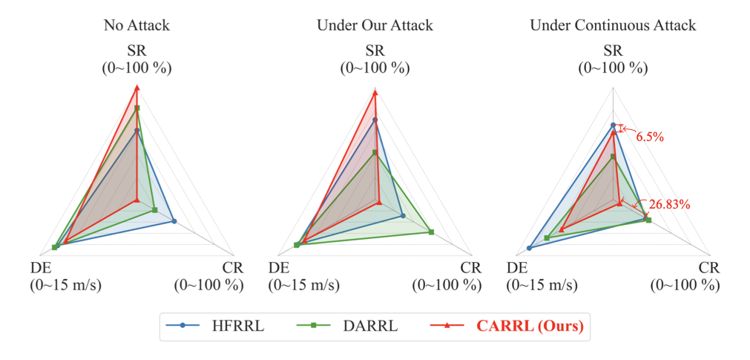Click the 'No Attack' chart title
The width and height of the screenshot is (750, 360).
136,25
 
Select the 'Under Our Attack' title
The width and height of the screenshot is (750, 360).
375,25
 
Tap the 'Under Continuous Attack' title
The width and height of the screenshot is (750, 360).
613,25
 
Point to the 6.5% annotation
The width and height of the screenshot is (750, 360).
650,137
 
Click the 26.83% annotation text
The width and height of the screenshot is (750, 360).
670,204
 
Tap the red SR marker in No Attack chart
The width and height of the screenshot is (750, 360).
136,88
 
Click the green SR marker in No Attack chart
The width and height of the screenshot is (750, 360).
136,108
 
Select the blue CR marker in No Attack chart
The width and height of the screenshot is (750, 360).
174,221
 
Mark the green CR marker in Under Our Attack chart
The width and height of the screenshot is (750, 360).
431,232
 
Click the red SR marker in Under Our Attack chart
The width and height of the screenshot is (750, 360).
375,93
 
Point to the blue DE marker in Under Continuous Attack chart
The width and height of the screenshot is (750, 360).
529,248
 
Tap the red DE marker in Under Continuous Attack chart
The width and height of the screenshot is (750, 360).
561,230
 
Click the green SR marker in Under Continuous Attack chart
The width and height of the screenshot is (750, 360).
613,157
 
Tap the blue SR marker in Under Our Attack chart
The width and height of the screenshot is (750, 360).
375,120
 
